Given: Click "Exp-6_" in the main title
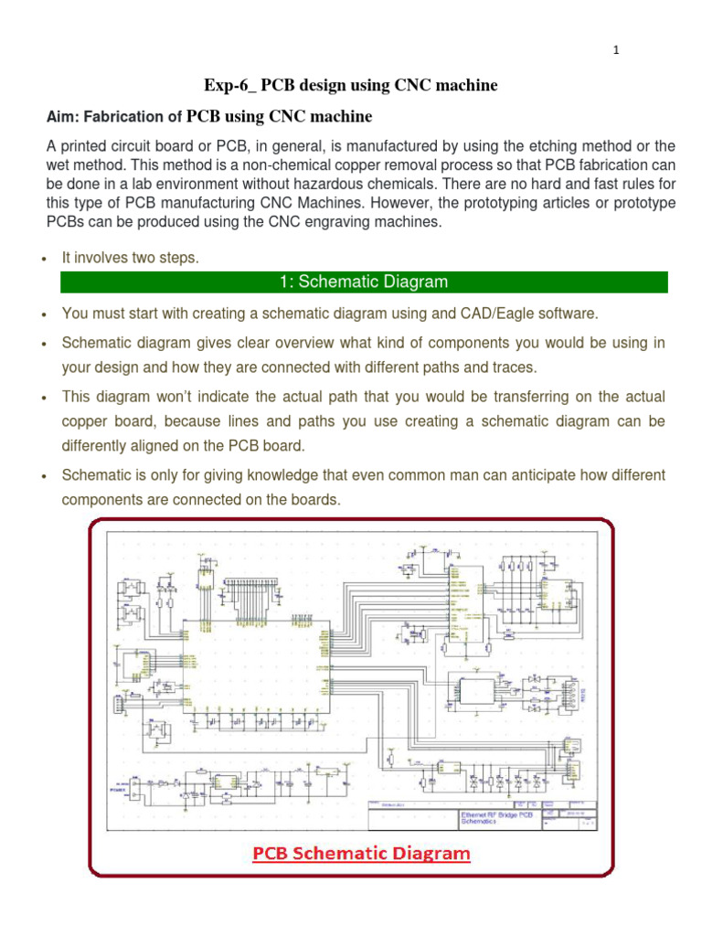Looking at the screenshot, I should [x=230, y=85].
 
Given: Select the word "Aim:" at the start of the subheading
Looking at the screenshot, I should [x=64, y=116].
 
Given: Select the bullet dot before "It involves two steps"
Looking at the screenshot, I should [x=45, y=260].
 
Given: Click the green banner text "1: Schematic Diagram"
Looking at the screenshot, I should [x=364, y=282].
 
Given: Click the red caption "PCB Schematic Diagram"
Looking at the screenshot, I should [x=361, y=854].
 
